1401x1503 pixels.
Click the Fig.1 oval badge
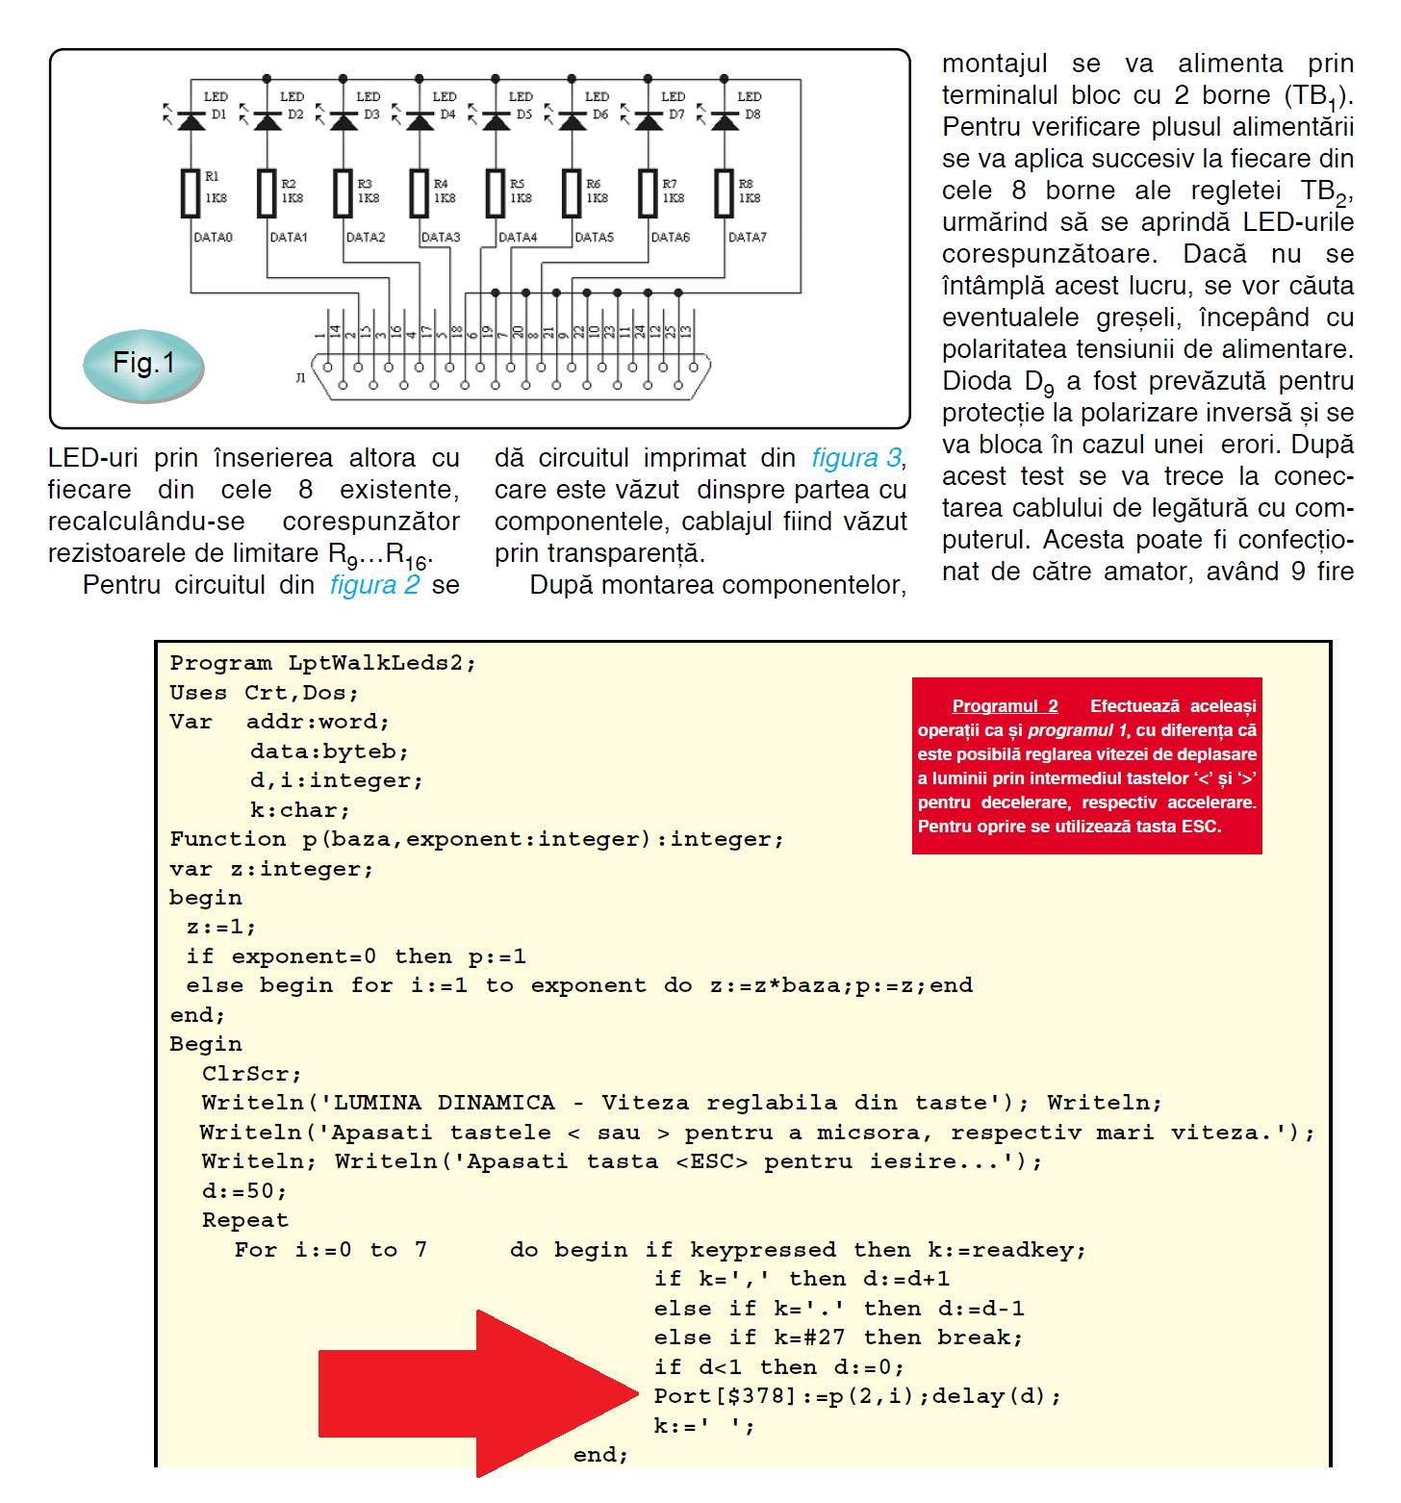coord(143,364)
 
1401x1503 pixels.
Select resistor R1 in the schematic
coord(191,193)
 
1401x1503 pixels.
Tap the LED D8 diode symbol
coord(725,121)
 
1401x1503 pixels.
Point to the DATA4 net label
coord(518,237)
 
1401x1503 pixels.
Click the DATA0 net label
coord(213,237)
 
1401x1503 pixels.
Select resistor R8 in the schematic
coord(725,193)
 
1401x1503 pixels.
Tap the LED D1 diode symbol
coord(191,121)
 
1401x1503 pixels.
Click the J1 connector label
coord(300,378)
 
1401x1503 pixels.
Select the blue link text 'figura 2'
coord(374,585)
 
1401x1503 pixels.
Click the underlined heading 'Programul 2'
coord(1005,706)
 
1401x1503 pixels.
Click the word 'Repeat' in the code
coord(244,1220)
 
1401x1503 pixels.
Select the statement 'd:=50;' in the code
coord(244,1191)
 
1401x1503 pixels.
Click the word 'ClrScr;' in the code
coord(251,1074)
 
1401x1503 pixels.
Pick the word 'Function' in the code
coord(227,839)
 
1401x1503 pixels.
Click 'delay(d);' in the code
coord(996,1396)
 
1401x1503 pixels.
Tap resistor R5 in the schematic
coord(496,193)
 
